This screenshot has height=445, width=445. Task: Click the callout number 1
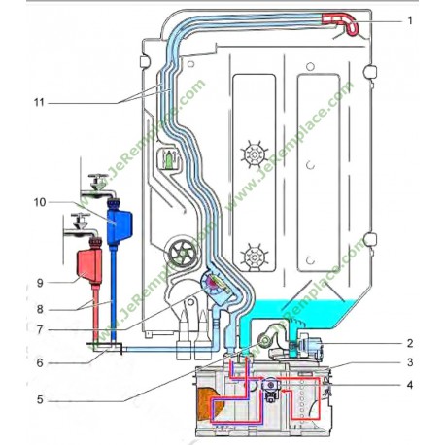click(410, 19)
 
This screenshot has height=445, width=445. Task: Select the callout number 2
click(410, 342)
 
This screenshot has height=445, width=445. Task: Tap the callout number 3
click(410, 361)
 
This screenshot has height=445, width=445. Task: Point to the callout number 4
click(410, 384)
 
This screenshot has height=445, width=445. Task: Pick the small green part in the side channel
click(170, 157)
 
